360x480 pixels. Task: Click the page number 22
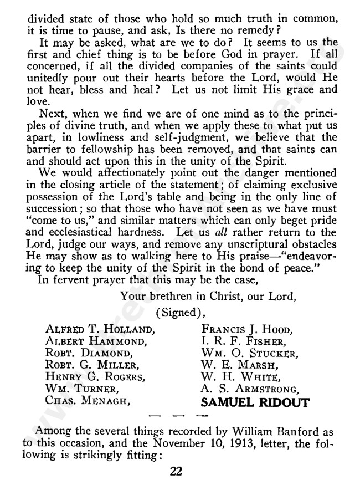[x=177, y=471]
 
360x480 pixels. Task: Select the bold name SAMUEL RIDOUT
[x=254, y=403]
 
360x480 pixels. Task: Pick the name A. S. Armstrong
[x=247, y=391]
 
